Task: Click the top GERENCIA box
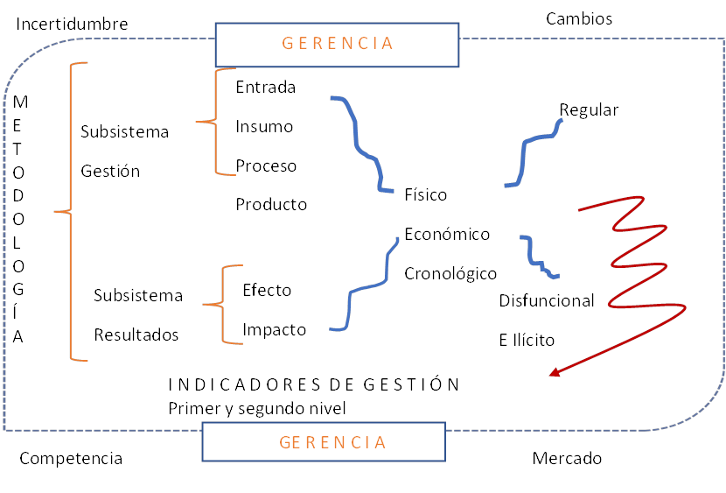click(x=337, y=44)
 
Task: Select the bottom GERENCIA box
click(x=332, y=441)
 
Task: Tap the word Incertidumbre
click(x=72, y=24)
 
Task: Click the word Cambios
click(x=579, y=18)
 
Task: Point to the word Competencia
click(x=71, y=458)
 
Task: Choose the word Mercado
click(x=567, y=458)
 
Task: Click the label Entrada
click(x=266, y=87)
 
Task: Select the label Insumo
click(x=264, y=126)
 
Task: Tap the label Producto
click(x=271, y=204)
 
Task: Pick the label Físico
click(x=426, y=194)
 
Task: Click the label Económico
click(x=447, y=234)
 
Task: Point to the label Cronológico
click(x=450, y=274)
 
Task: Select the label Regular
click(x=589, y=109)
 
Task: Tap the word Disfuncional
click(x=547, y=300)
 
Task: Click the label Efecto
click(x=267, y=290)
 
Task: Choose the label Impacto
click(x=274, y=329)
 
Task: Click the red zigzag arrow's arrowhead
click(x=555, y=374)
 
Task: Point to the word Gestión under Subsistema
click(x=110, y=171)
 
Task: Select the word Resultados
click(x=136, y=335)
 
